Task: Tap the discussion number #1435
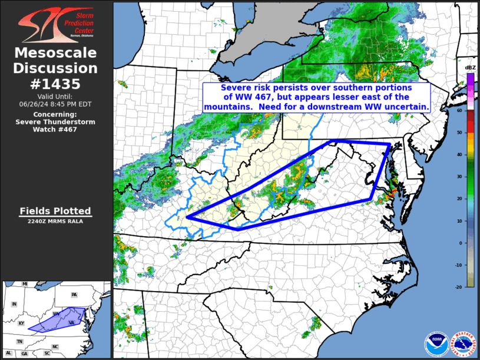tap(56, 83)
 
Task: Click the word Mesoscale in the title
tap(56, 53)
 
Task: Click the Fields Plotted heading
tap(56, 211)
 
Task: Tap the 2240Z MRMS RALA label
tap(56, 222)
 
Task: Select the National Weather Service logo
tap(462, 344)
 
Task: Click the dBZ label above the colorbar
tap(470, 68)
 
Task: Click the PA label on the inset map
tap(74, 295)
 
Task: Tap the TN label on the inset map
tap(19, 342)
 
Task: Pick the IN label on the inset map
tap(15, 304)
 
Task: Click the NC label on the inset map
tap(55, 346)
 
